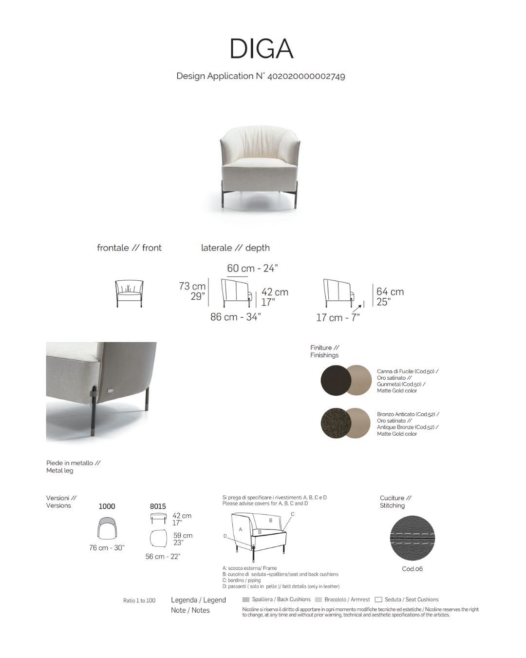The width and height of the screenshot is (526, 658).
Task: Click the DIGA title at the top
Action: (x=261, y=49)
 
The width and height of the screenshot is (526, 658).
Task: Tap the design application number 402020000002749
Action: (x=306, y=76)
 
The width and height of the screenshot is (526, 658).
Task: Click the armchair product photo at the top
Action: (x=260, y=163)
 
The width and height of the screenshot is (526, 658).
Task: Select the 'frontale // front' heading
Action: (x=129, y=248)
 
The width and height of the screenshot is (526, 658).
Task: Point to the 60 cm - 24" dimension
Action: (x=252, y=268)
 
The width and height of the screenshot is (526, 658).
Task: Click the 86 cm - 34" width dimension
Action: (x=235, y=317)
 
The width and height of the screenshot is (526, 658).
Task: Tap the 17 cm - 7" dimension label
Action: (x=338, y=318)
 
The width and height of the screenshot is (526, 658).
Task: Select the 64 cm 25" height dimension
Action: (x=390, y=296)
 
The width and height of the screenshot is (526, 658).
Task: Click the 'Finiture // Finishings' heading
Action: (x=324, y=351)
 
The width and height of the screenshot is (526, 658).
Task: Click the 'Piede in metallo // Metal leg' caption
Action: (x=73, y=467)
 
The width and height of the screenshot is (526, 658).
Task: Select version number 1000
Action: (x=107, y=506)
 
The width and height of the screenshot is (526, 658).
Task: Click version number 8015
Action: (x=158, y=506)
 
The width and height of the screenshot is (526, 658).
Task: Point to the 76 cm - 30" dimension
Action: (x=107, y=548)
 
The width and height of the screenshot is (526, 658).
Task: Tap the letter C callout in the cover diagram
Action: (x=293, y=514)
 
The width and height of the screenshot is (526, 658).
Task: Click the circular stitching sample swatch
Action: (x=412, y=538)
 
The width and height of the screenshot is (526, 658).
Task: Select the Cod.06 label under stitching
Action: (x=412, y=569)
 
